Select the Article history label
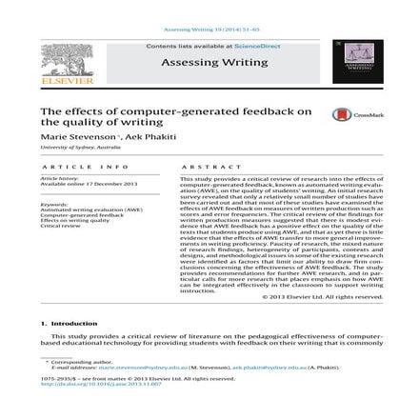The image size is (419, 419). [61, 178]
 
